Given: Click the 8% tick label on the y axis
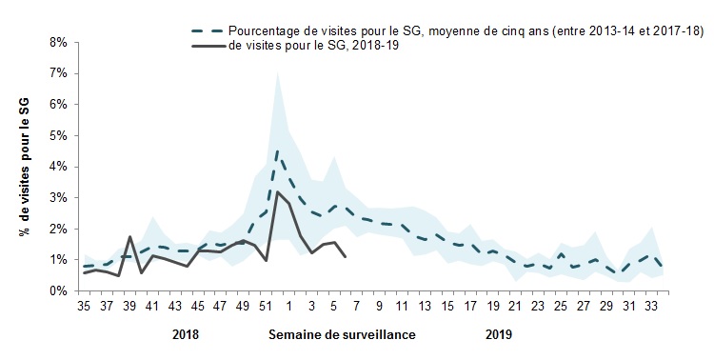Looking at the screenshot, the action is [58, 42].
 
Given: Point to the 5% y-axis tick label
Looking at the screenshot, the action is [58, 136].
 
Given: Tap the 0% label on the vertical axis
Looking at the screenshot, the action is [58, 290].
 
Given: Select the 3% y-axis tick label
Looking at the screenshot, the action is [58, 198].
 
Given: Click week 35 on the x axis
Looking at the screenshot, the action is [84, 307].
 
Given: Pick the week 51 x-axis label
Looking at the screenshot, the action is [266, 307].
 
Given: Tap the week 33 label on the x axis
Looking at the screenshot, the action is [651, 307].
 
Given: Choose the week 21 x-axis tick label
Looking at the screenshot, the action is [515, 307].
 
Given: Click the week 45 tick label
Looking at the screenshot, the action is [197, 307].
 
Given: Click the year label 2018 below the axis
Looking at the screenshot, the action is [186, 334].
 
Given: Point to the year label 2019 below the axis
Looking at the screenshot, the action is [499, 334].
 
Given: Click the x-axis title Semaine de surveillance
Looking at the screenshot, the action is [342, 334].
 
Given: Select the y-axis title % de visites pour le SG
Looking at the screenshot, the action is [25, 167].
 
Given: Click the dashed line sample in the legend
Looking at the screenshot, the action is [208, 31].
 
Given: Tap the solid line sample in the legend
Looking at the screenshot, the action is [208, 46].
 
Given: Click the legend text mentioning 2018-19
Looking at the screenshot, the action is [314, 46].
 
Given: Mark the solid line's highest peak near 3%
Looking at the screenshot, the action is [277, 191].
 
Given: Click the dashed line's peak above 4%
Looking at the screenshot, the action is [277, 150].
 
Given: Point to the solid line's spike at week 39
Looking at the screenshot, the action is [129, 236].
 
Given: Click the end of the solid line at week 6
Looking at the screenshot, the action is [346, 257].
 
